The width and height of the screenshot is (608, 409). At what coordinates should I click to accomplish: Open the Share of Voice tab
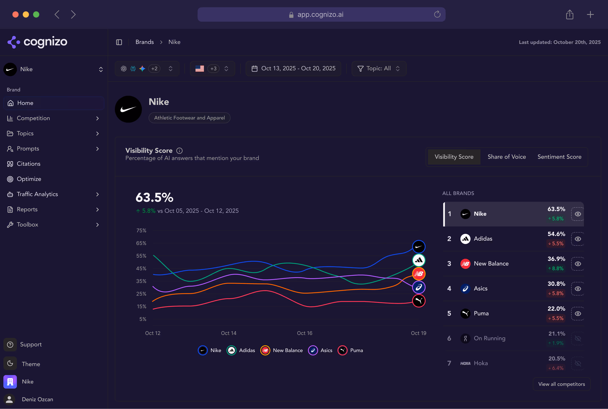click(506, 157)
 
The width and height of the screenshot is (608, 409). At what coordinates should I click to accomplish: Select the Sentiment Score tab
click(559, 157)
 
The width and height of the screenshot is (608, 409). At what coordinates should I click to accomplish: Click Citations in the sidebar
click(28, 164)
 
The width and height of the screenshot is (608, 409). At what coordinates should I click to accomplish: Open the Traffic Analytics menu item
click(37, 194)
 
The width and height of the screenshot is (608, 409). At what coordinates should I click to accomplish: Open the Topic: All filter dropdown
click(379, 68)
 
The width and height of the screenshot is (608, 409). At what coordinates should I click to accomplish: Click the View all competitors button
click(561, 384)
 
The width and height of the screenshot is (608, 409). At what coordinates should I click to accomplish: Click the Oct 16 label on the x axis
click(304, 333)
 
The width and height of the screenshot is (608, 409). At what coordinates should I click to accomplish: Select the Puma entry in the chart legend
click(350, 350)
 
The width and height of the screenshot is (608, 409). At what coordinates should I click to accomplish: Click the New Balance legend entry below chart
click(282, 350)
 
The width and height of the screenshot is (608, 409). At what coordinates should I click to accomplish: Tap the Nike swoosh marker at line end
click(419, 247)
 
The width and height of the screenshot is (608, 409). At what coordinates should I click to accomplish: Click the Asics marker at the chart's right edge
click(419, 287)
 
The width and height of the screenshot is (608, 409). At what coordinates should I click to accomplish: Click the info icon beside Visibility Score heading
click(179, 151)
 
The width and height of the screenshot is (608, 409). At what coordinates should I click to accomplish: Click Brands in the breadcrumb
click(145, 42)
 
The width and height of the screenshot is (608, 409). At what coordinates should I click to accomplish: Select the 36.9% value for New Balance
click(556, 259)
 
